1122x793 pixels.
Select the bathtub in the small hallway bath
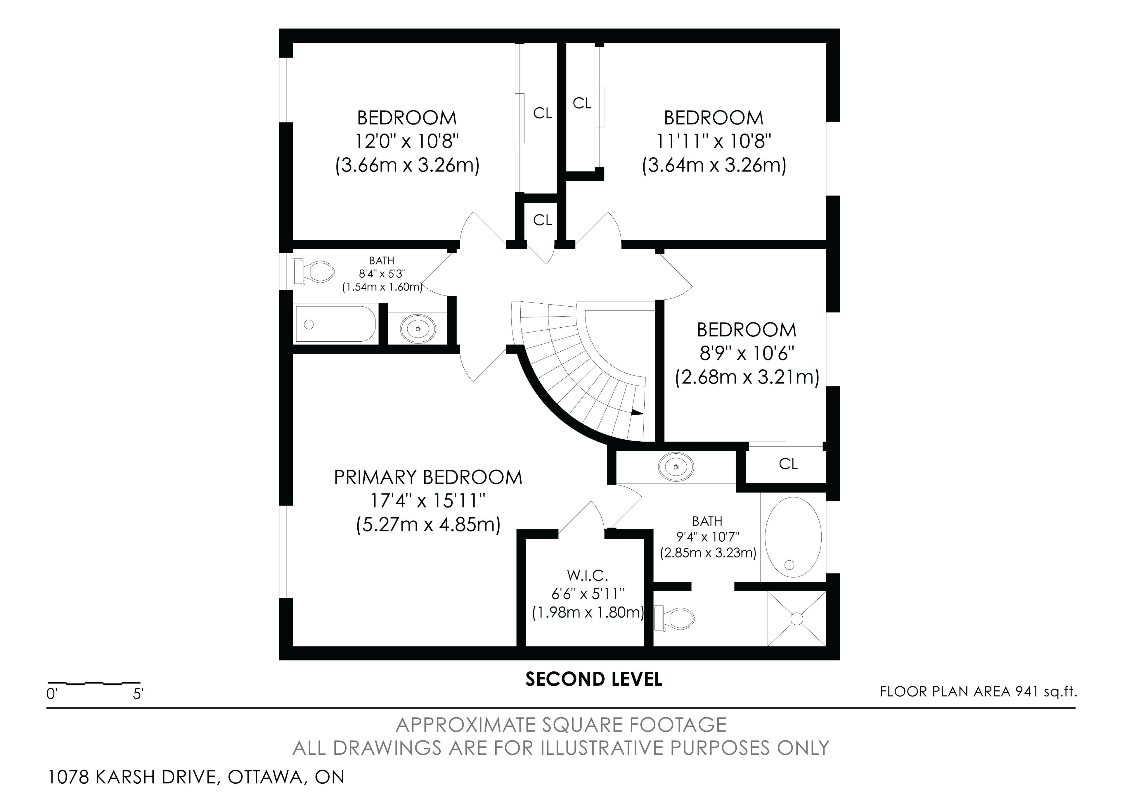point(336,324)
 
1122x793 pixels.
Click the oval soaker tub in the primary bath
point(793,536)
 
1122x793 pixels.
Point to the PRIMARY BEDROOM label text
point(428,477)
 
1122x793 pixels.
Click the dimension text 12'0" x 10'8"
point(407,141)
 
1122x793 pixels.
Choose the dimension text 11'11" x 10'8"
point(714,141)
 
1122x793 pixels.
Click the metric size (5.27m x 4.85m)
point(428,525)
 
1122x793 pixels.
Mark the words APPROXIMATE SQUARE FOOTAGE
point(561,725)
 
